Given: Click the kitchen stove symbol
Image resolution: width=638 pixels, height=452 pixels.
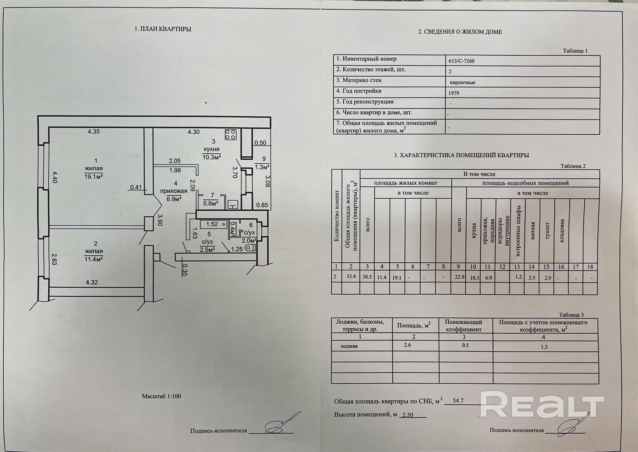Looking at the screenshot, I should (231, 134).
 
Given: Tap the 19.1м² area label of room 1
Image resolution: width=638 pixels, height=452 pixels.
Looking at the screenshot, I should (94, 176).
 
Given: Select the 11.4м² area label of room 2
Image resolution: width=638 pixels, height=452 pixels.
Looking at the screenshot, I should (94, 259).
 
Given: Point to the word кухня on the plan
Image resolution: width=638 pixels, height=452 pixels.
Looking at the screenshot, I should (211, 149).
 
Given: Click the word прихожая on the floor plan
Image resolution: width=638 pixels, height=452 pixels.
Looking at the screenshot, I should (174, 191).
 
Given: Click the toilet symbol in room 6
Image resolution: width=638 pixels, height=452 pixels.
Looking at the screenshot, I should (250, 248).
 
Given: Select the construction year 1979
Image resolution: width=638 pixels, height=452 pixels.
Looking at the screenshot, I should (454, 93).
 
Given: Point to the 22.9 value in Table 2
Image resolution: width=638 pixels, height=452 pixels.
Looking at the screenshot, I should (459, 277).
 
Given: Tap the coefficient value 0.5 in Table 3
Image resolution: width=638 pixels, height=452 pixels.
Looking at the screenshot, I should (465, 345).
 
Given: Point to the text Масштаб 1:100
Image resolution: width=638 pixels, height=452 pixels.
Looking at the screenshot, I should (161, 396).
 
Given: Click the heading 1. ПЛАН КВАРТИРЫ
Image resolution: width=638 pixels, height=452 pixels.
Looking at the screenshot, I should (163, 29).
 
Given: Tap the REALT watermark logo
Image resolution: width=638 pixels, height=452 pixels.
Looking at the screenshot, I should (542, 403).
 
